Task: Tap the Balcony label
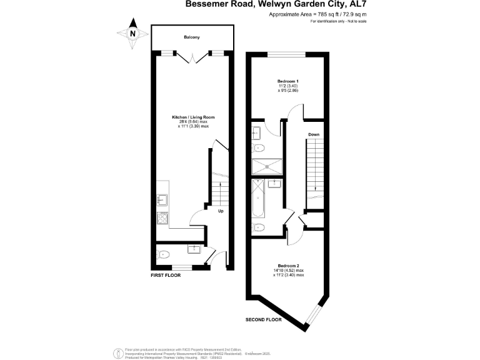191,37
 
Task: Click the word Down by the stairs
314,134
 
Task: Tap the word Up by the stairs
221,211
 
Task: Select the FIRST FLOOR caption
166,275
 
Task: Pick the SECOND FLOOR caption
262,319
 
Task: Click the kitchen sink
162,200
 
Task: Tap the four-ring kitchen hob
162,218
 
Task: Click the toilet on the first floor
163,254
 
